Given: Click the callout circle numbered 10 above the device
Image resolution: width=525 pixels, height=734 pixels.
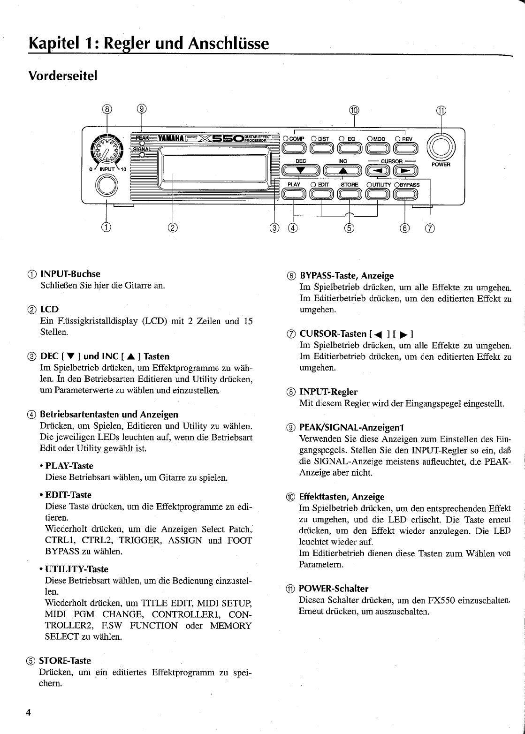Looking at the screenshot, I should (x=354, y=110).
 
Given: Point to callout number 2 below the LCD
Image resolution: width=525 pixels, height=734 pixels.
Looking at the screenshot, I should (x=173, y=228).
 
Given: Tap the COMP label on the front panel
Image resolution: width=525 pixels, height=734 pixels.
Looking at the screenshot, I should (x=297, y=139).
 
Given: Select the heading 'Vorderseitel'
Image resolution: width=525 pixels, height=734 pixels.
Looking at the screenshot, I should (x=62, y=76).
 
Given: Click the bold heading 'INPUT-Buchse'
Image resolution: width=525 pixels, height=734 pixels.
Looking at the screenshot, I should (x=70, y=273).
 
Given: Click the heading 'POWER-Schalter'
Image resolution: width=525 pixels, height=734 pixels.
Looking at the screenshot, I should (x=333, y=589).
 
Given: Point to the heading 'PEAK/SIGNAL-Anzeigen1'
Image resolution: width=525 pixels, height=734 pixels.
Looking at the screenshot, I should (x=351, y=428).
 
